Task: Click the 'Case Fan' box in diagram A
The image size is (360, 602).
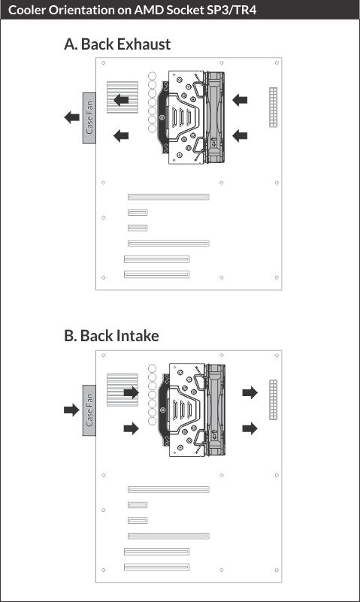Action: click(89, 118)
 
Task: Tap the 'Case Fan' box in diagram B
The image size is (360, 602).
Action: click(89, 410)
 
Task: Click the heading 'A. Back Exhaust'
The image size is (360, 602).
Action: click(117, 44)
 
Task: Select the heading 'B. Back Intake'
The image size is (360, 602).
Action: click(111, 336)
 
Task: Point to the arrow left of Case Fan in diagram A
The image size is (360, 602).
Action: click(71, 117)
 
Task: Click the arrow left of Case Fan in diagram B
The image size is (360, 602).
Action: click(71, 410)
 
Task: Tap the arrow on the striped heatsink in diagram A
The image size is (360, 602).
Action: click(121, 100)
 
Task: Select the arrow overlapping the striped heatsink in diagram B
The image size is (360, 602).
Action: click(132, 392)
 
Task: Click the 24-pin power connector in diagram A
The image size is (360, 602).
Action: click(274, 107)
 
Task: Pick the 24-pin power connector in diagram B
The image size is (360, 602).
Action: click(274, 400)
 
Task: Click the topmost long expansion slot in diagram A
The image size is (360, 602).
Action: click(168, 197)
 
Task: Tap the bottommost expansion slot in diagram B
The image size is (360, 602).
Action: click(156, 567)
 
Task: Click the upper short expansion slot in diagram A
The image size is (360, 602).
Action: click(138, 212)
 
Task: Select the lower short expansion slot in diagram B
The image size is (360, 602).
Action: click(138, 521)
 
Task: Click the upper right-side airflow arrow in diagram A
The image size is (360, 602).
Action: click(240, 100)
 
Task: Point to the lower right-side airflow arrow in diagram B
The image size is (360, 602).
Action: click(250, 428)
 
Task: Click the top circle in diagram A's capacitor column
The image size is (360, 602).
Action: click(153, 76)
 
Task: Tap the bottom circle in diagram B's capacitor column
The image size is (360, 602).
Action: click(153, 421)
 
